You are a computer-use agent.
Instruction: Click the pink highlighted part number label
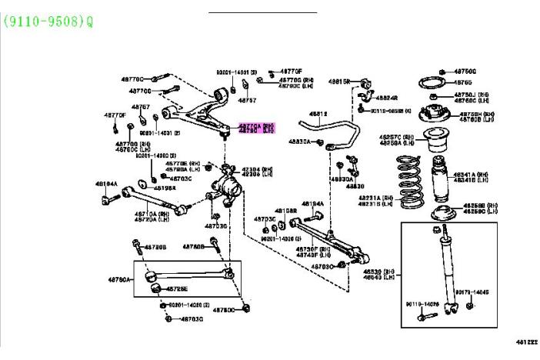(255, 128)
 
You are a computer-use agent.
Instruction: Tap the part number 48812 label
(318, 114)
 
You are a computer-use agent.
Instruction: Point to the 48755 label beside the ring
(462, 82)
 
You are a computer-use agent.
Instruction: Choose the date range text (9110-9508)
(48, 22)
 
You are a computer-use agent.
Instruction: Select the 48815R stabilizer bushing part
(366, 81)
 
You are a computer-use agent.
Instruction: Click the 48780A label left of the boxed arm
(118, 278)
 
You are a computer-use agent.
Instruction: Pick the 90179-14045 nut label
(470, 293)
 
